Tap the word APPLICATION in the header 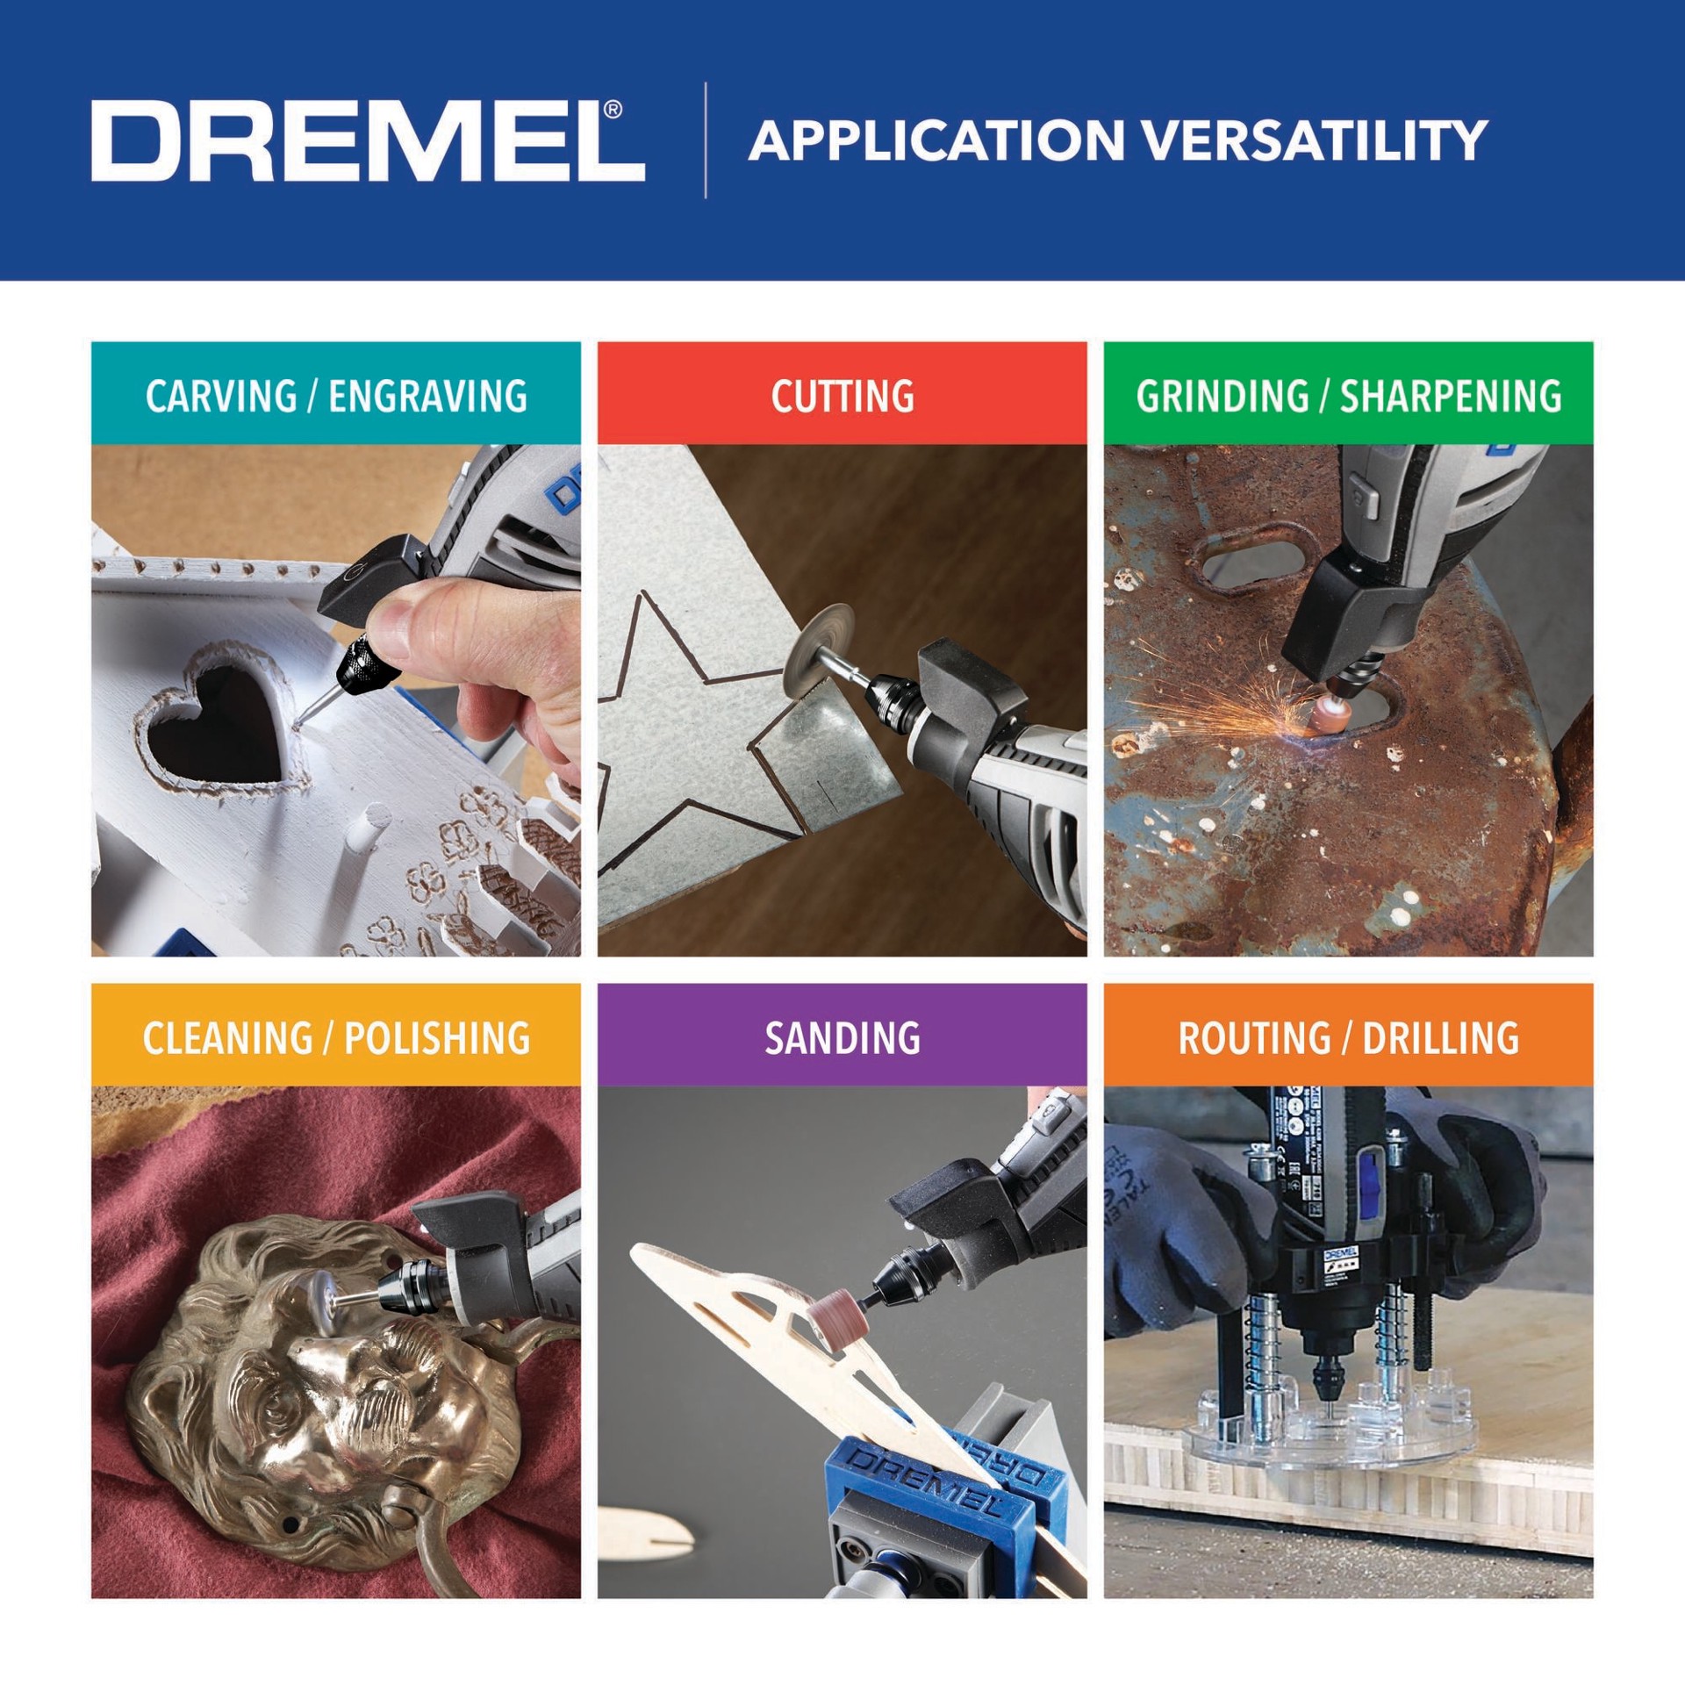pyautogui.click(x=936, y=140)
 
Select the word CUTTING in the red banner pyautogui.click(x=842, y=396)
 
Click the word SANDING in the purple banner pyautogui.click(x=842, y=1037)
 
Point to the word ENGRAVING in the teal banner pyautogui.click(x=427, y=396)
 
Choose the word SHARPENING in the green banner pyautogui.click(x=1450, y=396)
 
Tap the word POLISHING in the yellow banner pyautogui.click(x=436, y=1037)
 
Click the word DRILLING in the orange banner pyautogui.click(x=1440, y=1037)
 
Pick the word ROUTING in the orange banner pyautogui.click(x=1253, y=1037)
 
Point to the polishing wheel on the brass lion pyautogui.click(x=329, y=1312)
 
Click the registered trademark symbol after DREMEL pyautogui.click(x=613, y=110)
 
